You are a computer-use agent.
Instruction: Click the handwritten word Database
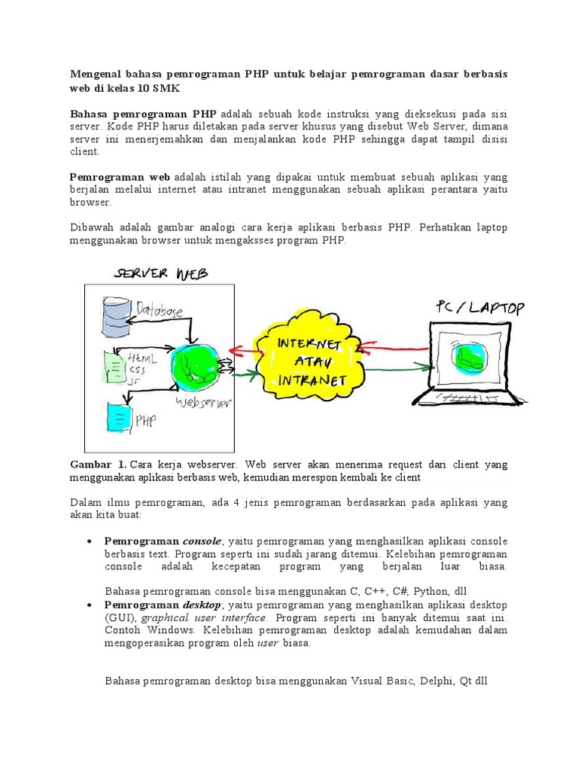[160, 309]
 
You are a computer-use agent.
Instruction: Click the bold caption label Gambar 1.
[98, 465]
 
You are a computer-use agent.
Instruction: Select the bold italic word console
[202, 541]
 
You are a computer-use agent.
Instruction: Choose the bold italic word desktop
[202, 605]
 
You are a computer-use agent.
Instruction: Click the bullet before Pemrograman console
[90, 541]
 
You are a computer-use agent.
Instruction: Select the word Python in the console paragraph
[434, 591]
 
